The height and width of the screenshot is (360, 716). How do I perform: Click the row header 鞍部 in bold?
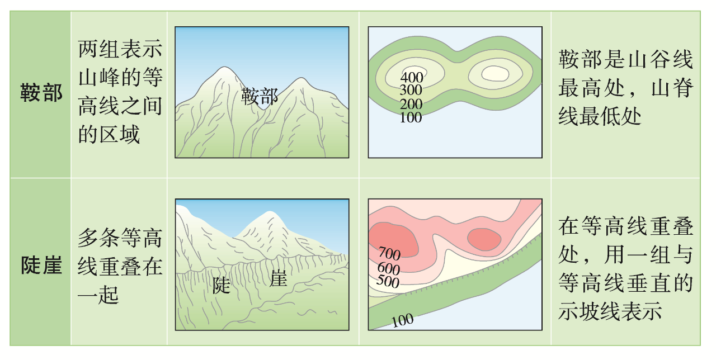coord(41,92)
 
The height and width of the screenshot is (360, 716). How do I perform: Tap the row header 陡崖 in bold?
coord(41,264)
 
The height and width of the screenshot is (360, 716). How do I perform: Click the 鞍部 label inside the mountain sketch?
coord(260,96)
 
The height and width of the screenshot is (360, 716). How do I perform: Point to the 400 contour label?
coord(412,78)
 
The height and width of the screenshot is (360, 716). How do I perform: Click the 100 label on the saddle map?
coord(411,117)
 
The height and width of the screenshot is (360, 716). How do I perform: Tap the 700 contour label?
coord(389,254)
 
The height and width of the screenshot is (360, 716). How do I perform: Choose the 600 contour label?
coord(389,268)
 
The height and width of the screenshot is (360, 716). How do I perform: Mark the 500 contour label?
coord(388,281)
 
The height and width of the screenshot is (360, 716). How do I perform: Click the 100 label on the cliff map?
coord(402,320)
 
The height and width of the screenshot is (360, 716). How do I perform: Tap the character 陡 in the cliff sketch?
coord(222,285)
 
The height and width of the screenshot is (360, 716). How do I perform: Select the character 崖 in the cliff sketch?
coord(278,278)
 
